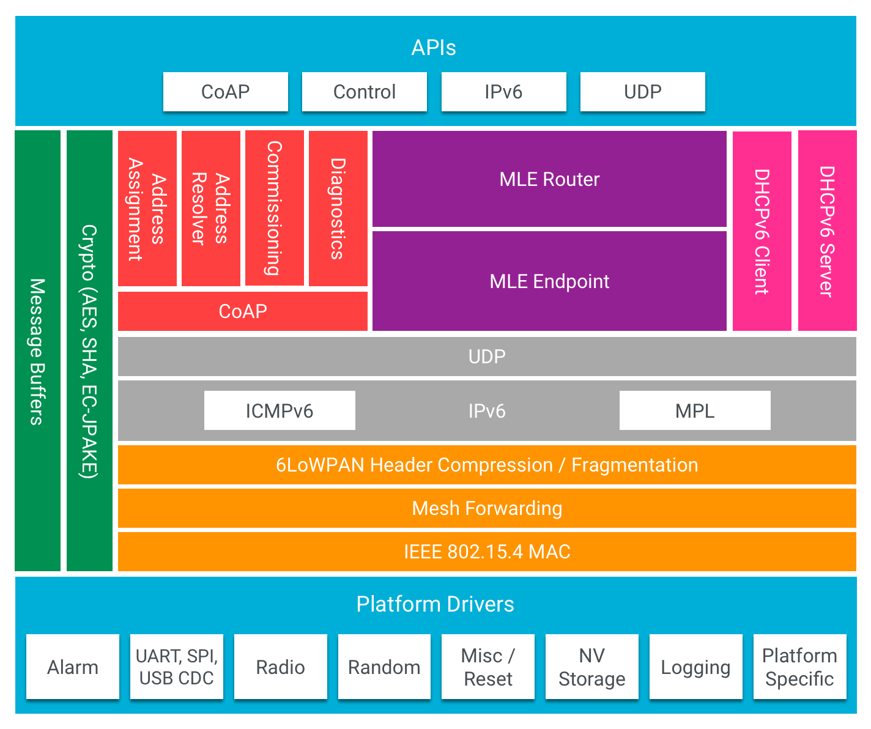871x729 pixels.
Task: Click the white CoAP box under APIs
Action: (225, 92)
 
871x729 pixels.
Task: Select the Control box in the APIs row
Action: (365, 92)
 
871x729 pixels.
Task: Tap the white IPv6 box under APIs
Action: (503, 92)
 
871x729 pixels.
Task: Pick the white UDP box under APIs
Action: (642, 92)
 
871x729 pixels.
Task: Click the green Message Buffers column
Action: (38, 351)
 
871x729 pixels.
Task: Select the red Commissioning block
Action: (275, 208)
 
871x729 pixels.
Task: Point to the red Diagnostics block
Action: (338, 208)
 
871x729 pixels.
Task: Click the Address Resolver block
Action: (211, 208)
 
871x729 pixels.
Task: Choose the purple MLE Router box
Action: (549, 179)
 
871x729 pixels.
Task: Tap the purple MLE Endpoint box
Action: (549, 281)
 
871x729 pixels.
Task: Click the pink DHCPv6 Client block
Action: (762, 231)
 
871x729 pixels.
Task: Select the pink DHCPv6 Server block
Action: (827, 231)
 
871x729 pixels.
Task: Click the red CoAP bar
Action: (243, 311)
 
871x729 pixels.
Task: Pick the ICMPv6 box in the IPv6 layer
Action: (280, 410)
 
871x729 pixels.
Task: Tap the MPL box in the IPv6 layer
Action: (695, 410)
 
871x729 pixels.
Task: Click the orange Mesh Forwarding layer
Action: (487, 508)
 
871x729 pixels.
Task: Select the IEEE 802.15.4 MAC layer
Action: (487, 552)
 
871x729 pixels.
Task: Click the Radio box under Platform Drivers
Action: (280, 667)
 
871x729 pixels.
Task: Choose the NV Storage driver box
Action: (591, 667)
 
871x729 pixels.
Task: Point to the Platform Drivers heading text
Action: (435, 604)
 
